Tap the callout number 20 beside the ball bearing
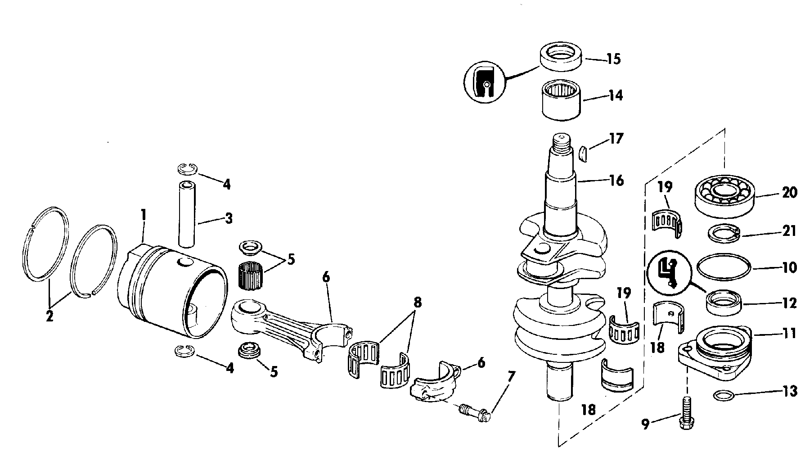tap(789, 193)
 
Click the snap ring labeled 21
tap(722, 234)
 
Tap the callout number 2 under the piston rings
tap(49, 316)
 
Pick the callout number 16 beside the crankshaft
tap(616, 181)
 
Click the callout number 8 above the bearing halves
tap(418, 302)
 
